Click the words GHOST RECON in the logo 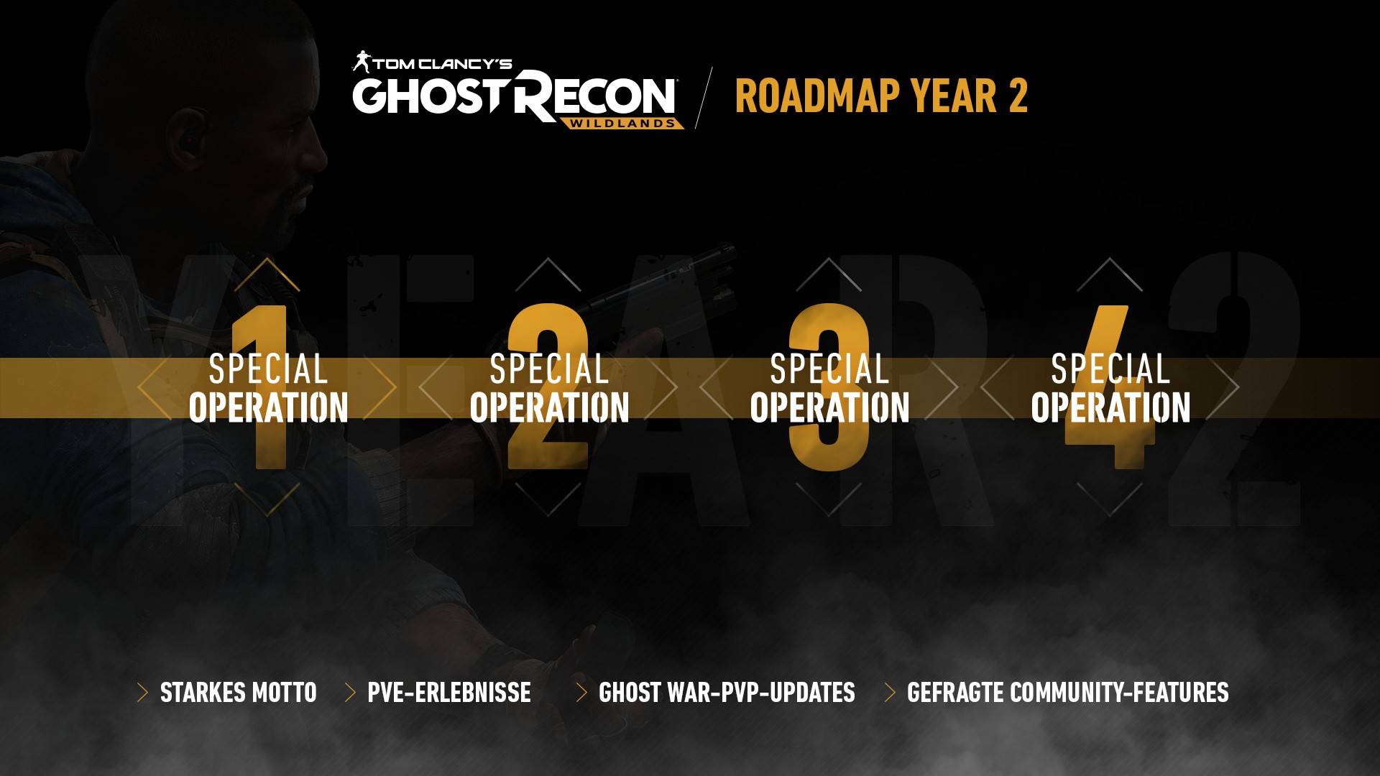[x=514, y=96]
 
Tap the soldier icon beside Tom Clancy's [x=361, y=62]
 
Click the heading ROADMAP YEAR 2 [x=881, y=96]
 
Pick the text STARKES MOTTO [x=238, y=693]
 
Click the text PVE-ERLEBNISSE [x=449, y=693]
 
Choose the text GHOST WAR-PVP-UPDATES [x=727, y=693]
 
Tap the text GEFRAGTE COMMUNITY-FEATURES [x=1067, y=693]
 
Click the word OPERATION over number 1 [x=268, y=407]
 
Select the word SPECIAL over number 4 [x=1110, y=369]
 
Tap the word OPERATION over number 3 [x=829, y=407]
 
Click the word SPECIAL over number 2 [x=549, y=369]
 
